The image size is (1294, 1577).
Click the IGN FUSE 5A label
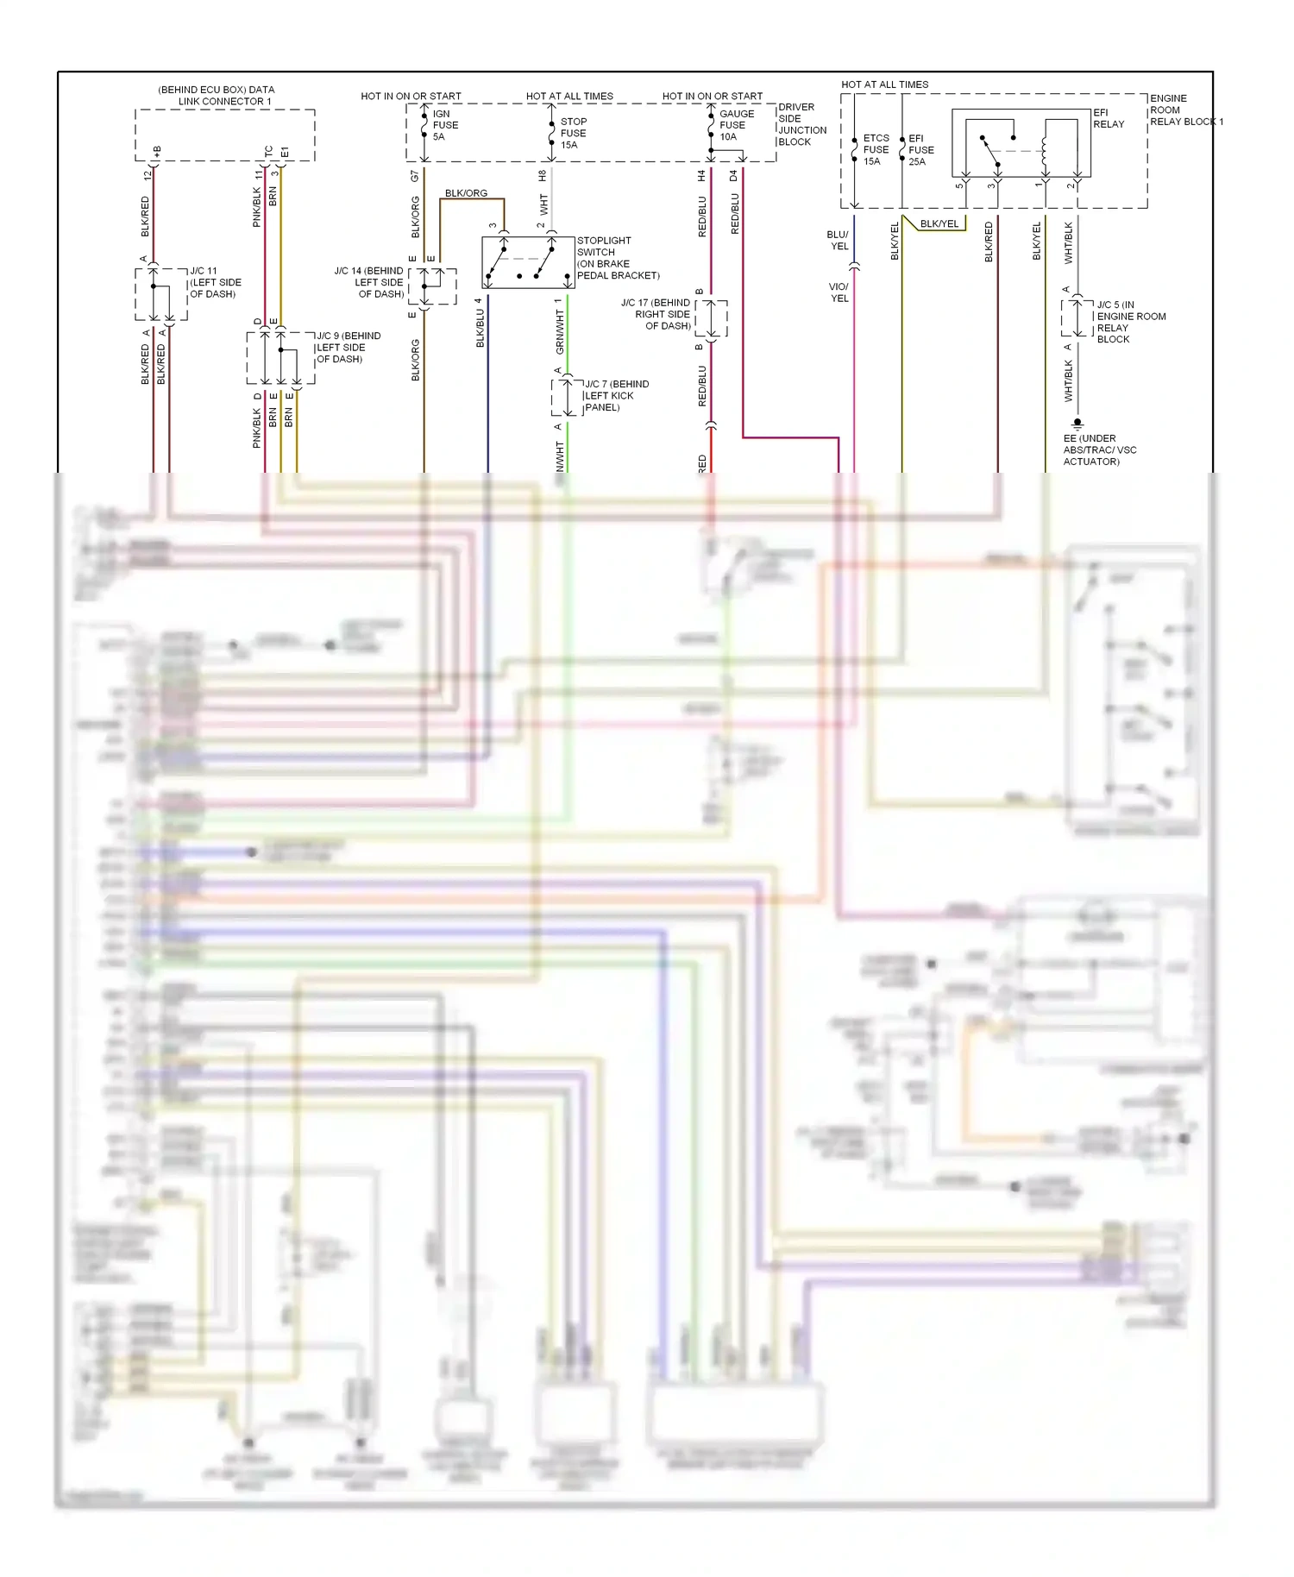point(444,125)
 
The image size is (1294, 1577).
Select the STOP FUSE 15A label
point(573,133)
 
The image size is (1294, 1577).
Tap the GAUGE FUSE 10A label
point(736,125)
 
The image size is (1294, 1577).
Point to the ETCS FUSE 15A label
point(876,149)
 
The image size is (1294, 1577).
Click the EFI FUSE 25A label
point(920,149)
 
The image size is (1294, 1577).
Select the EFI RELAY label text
point(1108,118)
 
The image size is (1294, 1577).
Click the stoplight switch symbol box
point(527,262)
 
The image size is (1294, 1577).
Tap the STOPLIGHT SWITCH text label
point(617,258)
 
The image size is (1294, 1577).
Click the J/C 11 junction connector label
point(215,282)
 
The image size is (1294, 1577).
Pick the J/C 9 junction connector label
point(348,347)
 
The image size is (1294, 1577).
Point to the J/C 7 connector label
point(616,395)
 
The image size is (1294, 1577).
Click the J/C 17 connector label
point(656,314)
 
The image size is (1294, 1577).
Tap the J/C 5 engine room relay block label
point(1130,322)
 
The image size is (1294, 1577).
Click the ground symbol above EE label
point(1077,424)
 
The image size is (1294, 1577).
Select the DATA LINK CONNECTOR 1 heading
point(217,95)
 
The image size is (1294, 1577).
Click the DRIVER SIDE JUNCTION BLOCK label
point(801,124)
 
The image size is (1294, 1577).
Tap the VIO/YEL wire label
point(839,292)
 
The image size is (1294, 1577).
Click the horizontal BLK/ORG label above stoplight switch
point(466,193)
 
